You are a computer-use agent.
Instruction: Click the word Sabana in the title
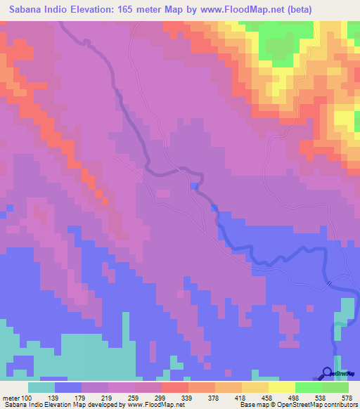point(29,9)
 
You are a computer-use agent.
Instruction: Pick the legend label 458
point(269,398)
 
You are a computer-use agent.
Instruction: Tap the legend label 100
point(26,398)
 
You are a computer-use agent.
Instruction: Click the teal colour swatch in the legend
point(41,387)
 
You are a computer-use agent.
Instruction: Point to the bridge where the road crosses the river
point(329,283)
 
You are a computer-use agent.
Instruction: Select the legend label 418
point(241,398)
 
